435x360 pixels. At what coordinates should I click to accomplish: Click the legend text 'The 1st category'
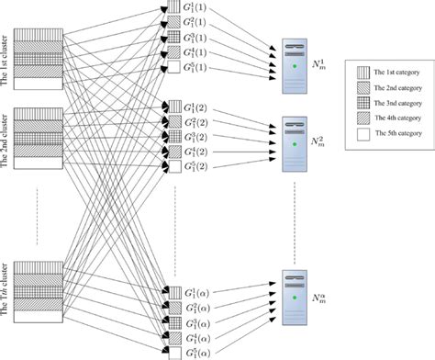(x=396, y=71)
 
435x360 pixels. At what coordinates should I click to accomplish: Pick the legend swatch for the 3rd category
(x=361, y=103)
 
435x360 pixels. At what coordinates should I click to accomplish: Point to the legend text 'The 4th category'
(x=396, y=119)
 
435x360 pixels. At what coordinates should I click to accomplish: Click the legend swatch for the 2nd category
(x=361, y=87)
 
